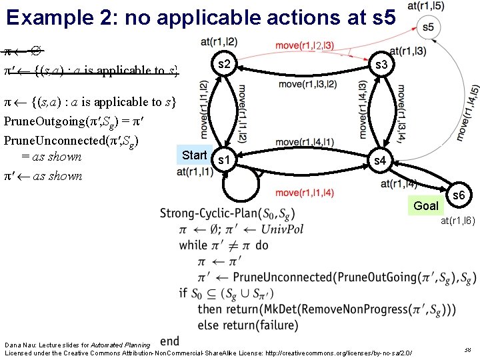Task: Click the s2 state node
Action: coord(225,64)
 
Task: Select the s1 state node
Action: coord(225,161)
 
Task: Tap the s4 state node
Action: coord(379,161)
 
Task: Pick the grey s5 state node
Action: coord(427,27)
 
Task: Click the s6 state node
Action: coord(459,195)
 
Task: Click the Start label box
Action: coord(195,155)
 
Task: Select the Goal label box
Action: coord(425,205)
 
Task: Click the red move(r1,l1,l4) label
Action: coord(305,193)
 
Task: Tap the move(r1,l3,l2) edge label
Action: coord(307,84)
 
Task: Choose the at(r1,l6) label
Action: coord(457,221)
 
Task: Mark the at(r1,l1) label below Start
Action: coord(195,171)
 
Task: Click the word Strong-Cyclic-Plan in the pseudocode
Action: coord(209,213)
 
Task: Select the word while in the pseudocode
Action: coord(193,245)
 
